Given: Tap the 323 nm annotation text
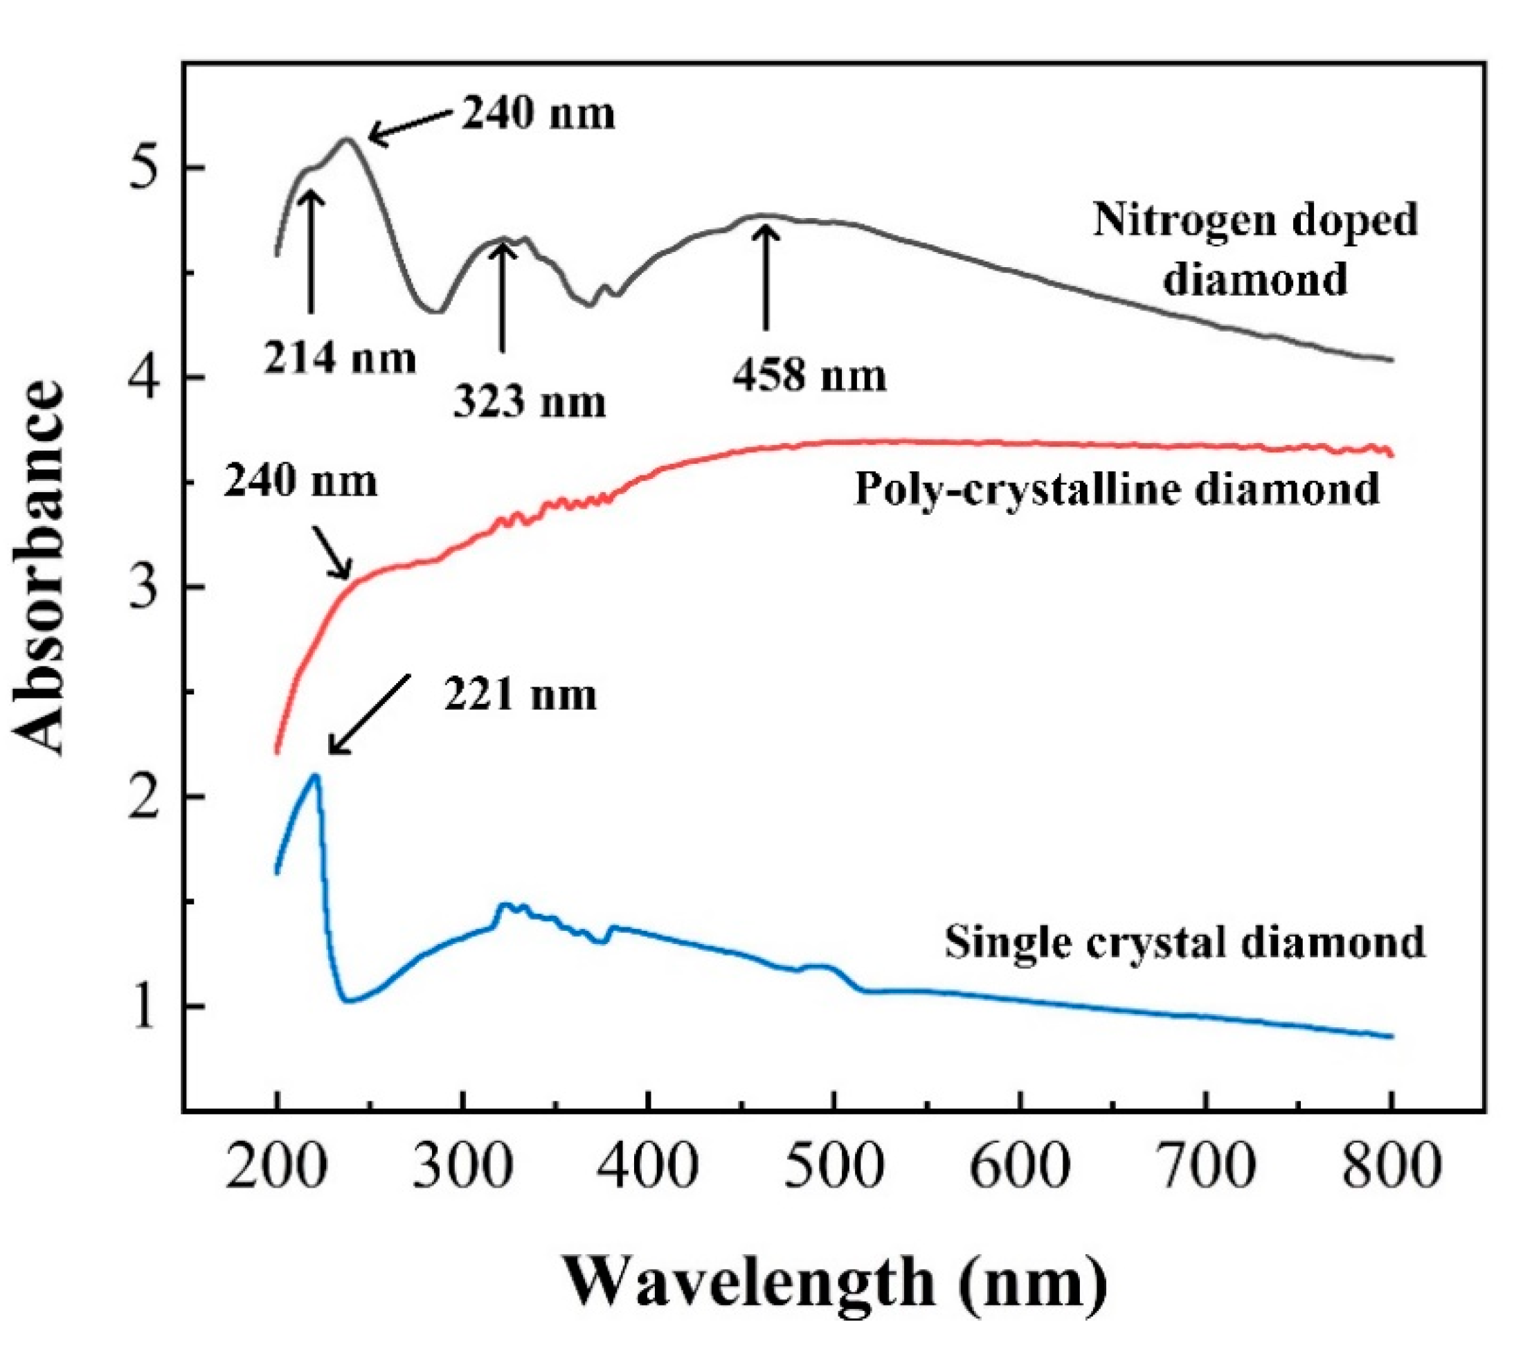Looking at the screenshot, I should (530, 402).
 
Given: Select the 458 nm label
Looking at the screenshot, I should (810, 376).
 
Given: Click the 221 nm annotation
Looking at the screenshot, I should (520, 695).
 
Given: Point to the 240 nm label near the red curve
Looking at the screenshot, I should (301, 482).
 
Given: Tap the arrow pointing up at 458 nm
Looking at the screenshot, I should (766, 278).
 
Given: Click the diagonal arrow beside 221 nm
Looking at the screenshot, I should (369, 714).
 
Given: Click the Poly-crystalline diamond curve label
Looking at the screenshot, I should (1117, 489).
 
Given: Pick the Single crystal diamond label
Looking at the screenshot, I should (1184, 942).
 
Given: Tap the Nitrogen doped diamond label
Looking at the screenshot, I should (1255, 250).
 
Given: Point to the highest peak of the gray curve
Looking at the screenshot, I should (345, 139).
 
